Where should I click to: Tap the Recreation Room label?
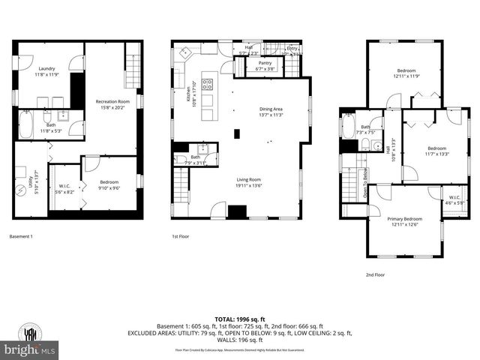pyautogui.click(x=112, y=103)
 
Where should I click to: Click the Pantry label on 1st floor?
pyautogui.click(x=265, y=66)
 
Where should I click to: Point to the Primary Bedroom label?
pyautogui.click(x=404, y=221)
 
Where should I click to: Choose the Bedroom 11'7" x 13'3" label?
pyautogui.click(x=427, y=151)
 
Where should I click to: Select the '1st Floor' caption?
pyautogui.click(x=181, y=236)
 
